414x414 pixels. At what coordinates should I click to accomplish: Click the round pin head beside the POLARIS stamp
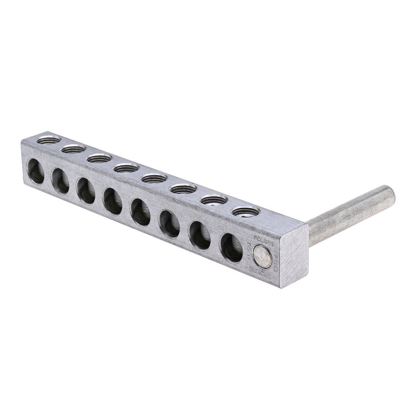click(x=261, y=256)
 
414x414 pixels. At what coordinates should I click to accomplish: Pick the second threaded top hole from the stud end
click(x=214, y=200)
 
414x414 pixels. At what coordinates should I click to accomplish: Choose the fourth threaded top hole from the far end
click(x=126, y=168)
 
